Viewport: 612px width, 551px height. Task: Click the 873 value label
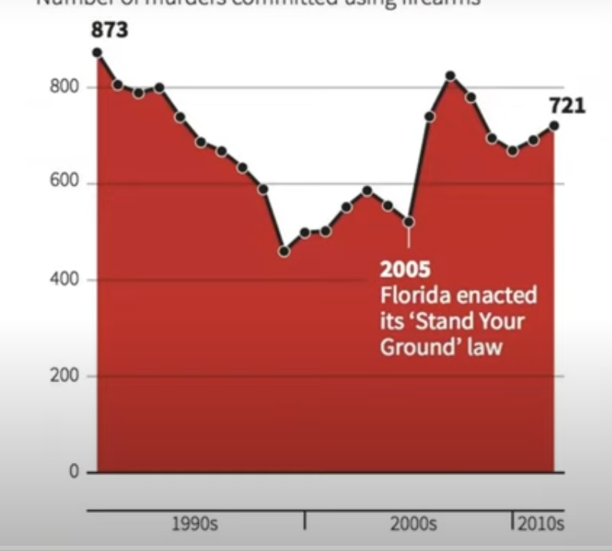pos(110,33)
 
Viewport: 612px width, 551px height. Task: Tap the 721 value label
pos(568,105)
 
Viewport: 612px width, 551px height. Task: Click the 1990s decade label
pos(193,524)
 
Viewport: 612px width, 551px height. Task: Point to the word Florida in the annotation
pos(410,296)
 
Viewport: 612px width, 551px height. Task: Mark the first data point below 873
pos(97,53)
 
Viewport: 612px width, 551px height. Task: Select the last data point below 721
pos(554,126)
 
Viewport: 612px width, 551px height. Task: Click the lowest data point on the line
pos(284,252)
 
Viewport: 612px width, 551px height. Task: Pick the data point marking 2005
pos(409,222)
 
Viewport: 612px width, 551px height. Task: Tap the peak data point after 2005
pos(450,76)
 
